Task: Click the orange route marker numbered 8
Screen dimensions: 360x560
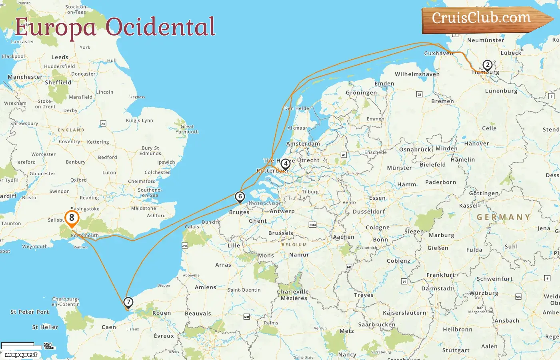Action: coord(72,218)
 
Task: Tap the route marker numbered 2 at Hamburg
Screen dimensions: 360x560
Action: coord(487,65)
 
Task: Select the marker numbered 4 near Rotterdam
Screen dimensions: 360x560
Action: coord(285,164)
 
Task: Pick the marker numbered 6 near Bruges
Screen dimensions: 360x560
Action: coord(240,197)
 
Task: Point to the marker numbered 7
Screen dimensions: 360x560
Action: coord(128,302)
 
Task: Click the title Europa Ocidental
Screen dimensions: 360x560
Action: coord(115,27)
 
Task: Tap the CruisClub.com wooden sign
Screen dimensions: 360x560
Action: coord(484,19)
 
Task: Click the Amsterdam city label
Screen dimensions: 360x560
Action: coord(303,144)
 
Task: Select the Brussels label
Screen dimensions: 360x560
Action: coord(281,233)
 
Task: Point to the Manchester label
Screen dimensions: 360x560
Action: coord(25,77)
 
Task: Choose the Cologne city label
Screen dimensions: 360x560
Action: coord(377,227)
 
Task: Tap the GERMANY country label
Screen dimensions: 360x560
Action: coord(503,217)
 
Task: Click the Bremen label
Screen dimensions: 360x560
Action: coord(442,101)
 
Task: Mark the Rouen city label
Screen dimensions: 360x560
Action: coord(162,313)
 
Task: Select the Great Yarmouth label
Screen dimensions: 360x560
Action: coord(187,129)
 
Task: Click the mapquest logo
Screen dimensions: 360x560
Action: coord(21,354)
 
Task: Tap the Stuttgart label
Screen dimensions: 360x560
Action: coord(456,350)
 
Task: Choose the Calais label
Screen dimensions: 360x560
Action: coord(192,227)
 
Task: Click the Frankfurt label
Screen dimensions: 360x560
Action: coord(440,275)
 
